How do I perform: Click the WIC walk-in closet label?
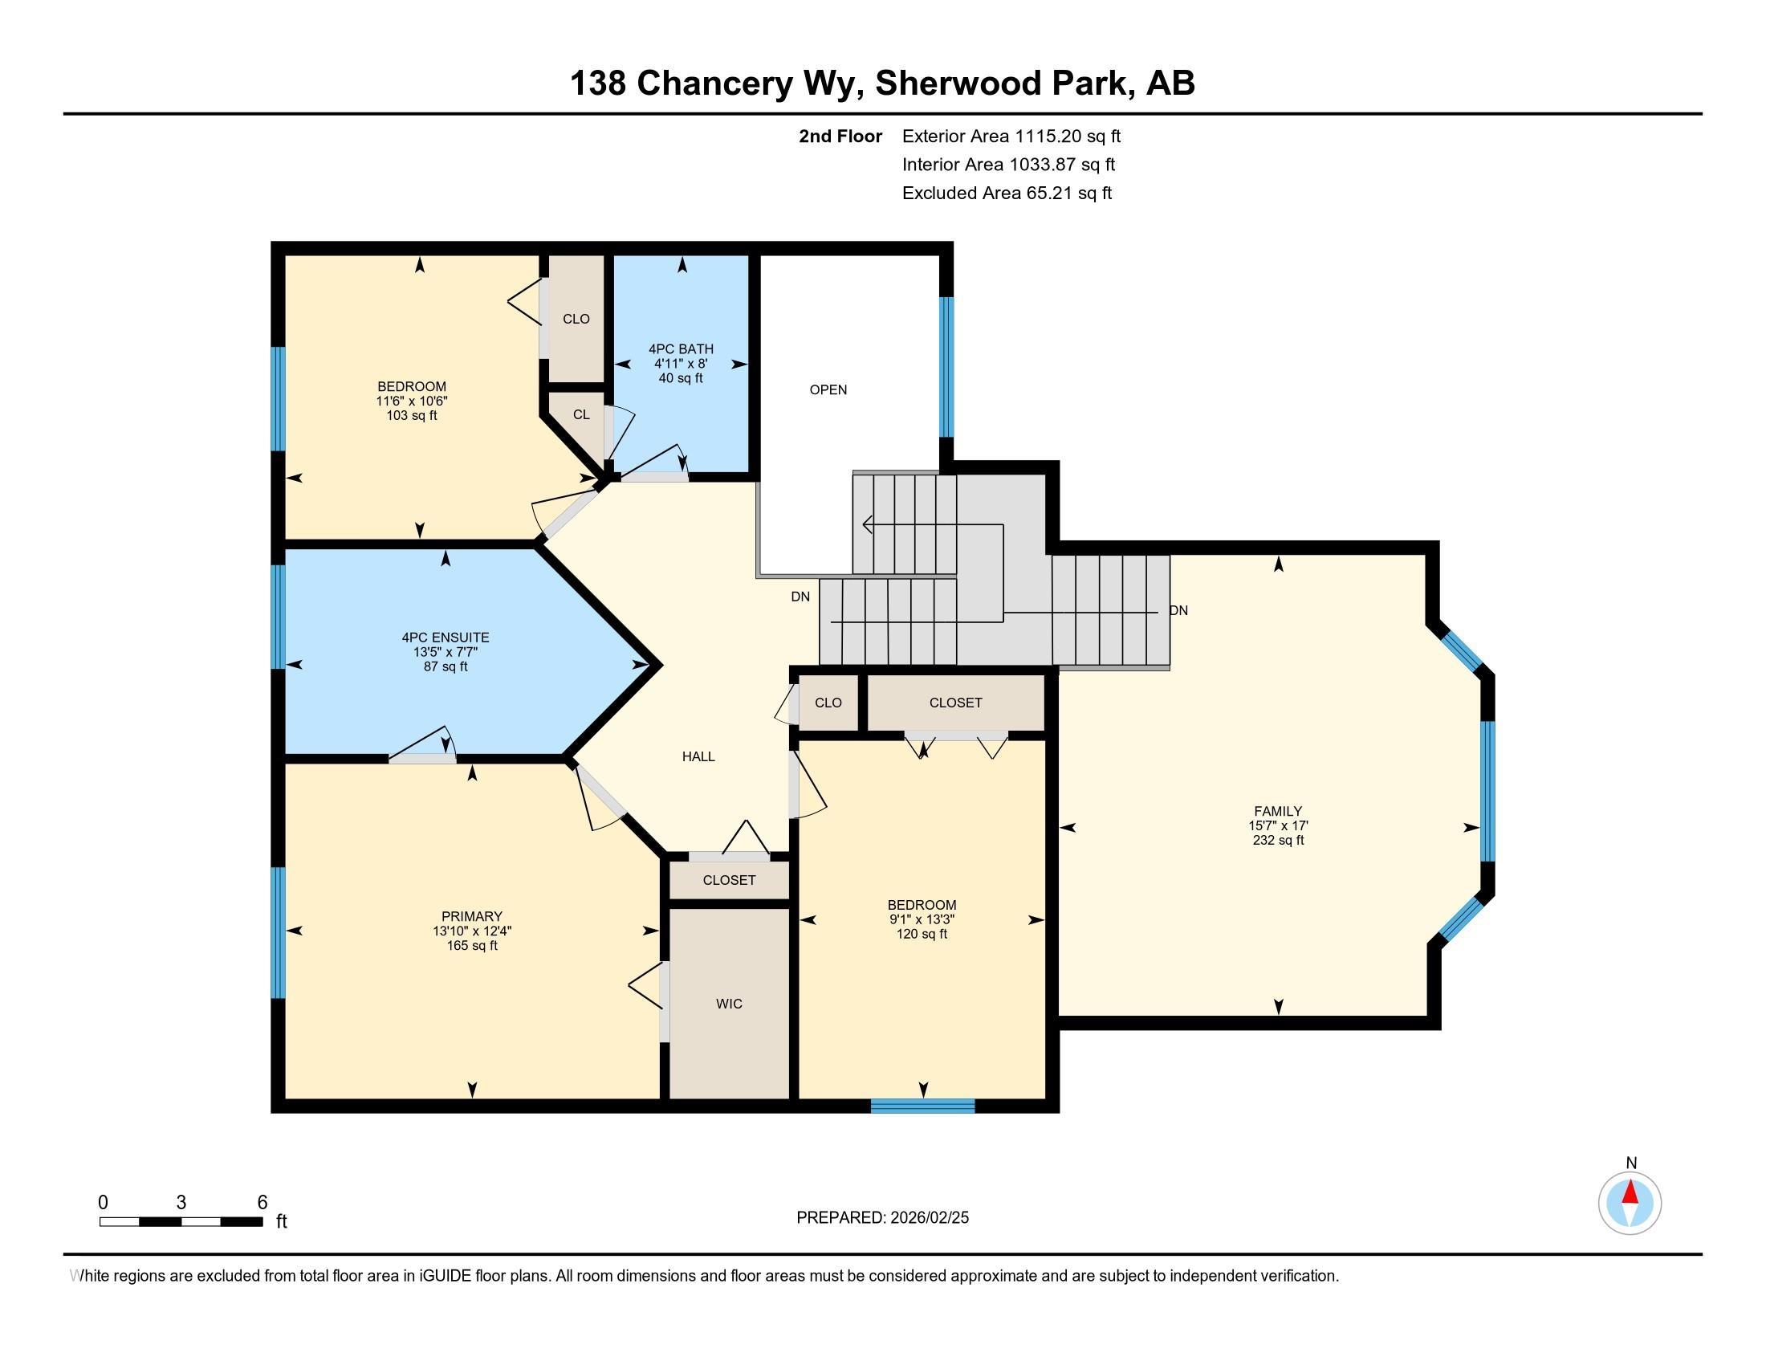(x=729, y=1004)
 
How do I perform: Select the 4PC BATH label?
(x=681, y=349)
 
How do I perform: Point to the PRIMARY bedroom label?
(x=472, y=916)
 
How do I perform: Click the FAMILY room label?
(x=1278, y=811)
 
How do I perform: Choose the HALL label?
(x=698, y=757)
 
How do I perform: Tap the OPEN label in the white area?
(x=828, y=389)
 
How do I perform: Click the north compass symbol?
(x=1630, y=1203)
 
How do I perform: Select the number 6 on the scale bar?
(x=262, y=1203)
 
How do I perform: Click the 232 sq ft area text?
(x=1279, y=840)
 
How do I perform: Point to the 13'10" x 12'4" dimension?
(x=472, y=931)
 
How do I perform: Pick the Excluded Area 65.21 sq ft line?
(x=1007, y=194)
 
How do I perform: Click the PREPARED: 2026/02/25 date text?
(x=882, y=1218)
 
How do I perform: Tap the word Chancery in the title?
(x=714, y=84)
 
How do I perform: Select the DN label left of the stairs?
(x=800, y=597)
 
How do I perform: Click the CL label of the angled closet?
(x=581, y=415)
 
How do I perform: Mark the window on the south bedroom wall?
(x=922, y=1106)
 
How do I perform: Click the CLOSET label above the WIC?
(x=730, y=880)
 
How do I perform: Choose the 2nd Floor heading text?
(x=840, y=136)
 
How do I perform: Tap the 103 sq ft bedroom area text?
(x=412, y=416)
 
